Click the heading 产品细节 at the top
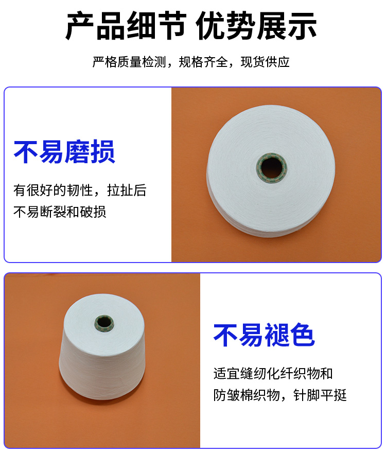tap(126, 26)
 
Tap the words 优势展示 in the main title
tap(256, 26)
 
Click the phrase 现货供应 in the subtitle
tap(265, 62)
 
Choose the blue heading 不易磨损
tap(64, 152)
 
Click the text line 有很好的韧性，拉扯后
tap(80, 190)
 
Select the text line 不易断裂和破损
tap(60, 212)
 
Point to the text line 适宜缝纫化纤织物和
tap(273, 374)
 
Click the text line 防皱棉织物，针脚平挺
tap(280, 395)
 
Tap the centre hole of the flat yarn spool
tap(272, 168)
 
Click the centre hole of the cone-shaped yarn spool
tap(104, 323)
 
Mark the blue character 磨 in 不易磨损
tap(77, 152)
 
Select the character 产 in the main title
tap(80, 26)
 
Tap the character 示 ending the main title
tap(302, 26)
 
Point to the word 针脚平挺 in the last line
tap(320, 395)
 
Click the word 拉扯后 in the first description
tap(127, 190)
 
